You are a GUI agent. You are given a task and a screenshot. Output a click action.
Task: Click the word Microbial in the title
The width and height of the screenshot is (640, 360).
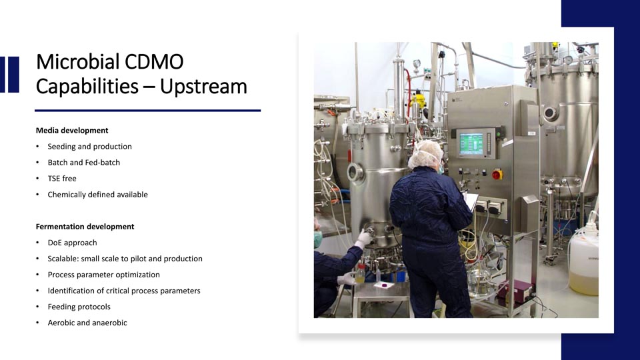pos(77,61)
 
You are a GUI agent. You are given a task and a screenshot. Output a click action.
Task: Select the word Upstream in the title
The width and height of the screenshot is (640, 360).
pos(203,87)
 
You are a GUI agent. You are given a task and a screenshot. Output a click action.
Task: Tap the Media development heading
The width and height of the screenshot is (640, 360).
pos(72,131)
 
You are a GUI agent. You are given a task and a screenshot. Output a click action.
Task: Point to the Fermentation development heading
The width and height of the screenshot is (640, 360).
pos(85,227)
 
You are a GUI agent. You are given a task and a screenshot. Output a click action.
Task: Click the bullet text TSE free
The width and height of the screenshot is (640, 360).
pos(62,179)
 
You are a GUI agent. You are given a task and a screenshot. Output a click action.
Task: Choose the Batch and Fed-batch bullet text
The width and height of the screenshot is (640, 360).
pos(84,163)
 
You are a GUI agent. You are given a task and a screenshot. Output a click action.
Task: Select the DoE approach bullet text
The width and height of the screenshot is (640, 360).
pos(72,243)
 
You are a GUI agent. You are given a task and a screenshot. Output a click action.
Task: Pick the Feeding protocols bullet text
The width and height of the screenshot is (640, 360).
pos(79,307)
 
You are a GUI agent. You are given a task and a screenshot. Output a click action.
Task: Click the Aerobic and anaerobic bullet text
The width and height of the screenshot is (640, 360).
pos(87,323)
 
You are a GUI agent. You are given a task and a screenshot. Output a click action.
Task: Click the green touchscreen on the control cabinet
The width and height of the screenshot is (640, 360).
pos(471,143)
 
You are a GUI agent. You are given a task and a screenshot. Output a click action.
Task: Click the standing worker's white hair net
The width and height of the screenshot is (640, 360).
pos(425,154)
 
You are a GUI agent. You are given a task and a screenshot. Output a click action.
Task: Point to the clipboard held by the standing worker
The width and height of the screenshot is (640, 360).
pos(471,201)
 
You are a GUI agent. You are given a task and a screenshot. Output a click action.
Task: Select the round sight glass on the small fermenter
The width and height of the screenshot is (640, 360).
pos(355,172)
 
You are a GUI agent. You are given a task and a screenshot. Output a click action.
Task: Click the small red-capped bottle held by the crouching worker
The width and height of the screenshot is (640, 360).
pos(361,273)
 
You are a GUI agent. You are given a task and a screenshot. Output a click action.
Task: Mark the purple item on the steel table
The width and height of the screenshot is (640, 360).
pos(384,286)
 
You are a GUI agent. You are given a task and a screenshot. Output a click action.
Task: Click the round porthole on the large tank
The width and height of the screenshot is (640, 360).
pos(550,113)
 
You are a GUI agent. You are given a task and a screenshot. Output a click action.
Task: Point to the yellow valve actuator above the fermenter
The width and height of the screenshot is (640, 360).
pos(419,99)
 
